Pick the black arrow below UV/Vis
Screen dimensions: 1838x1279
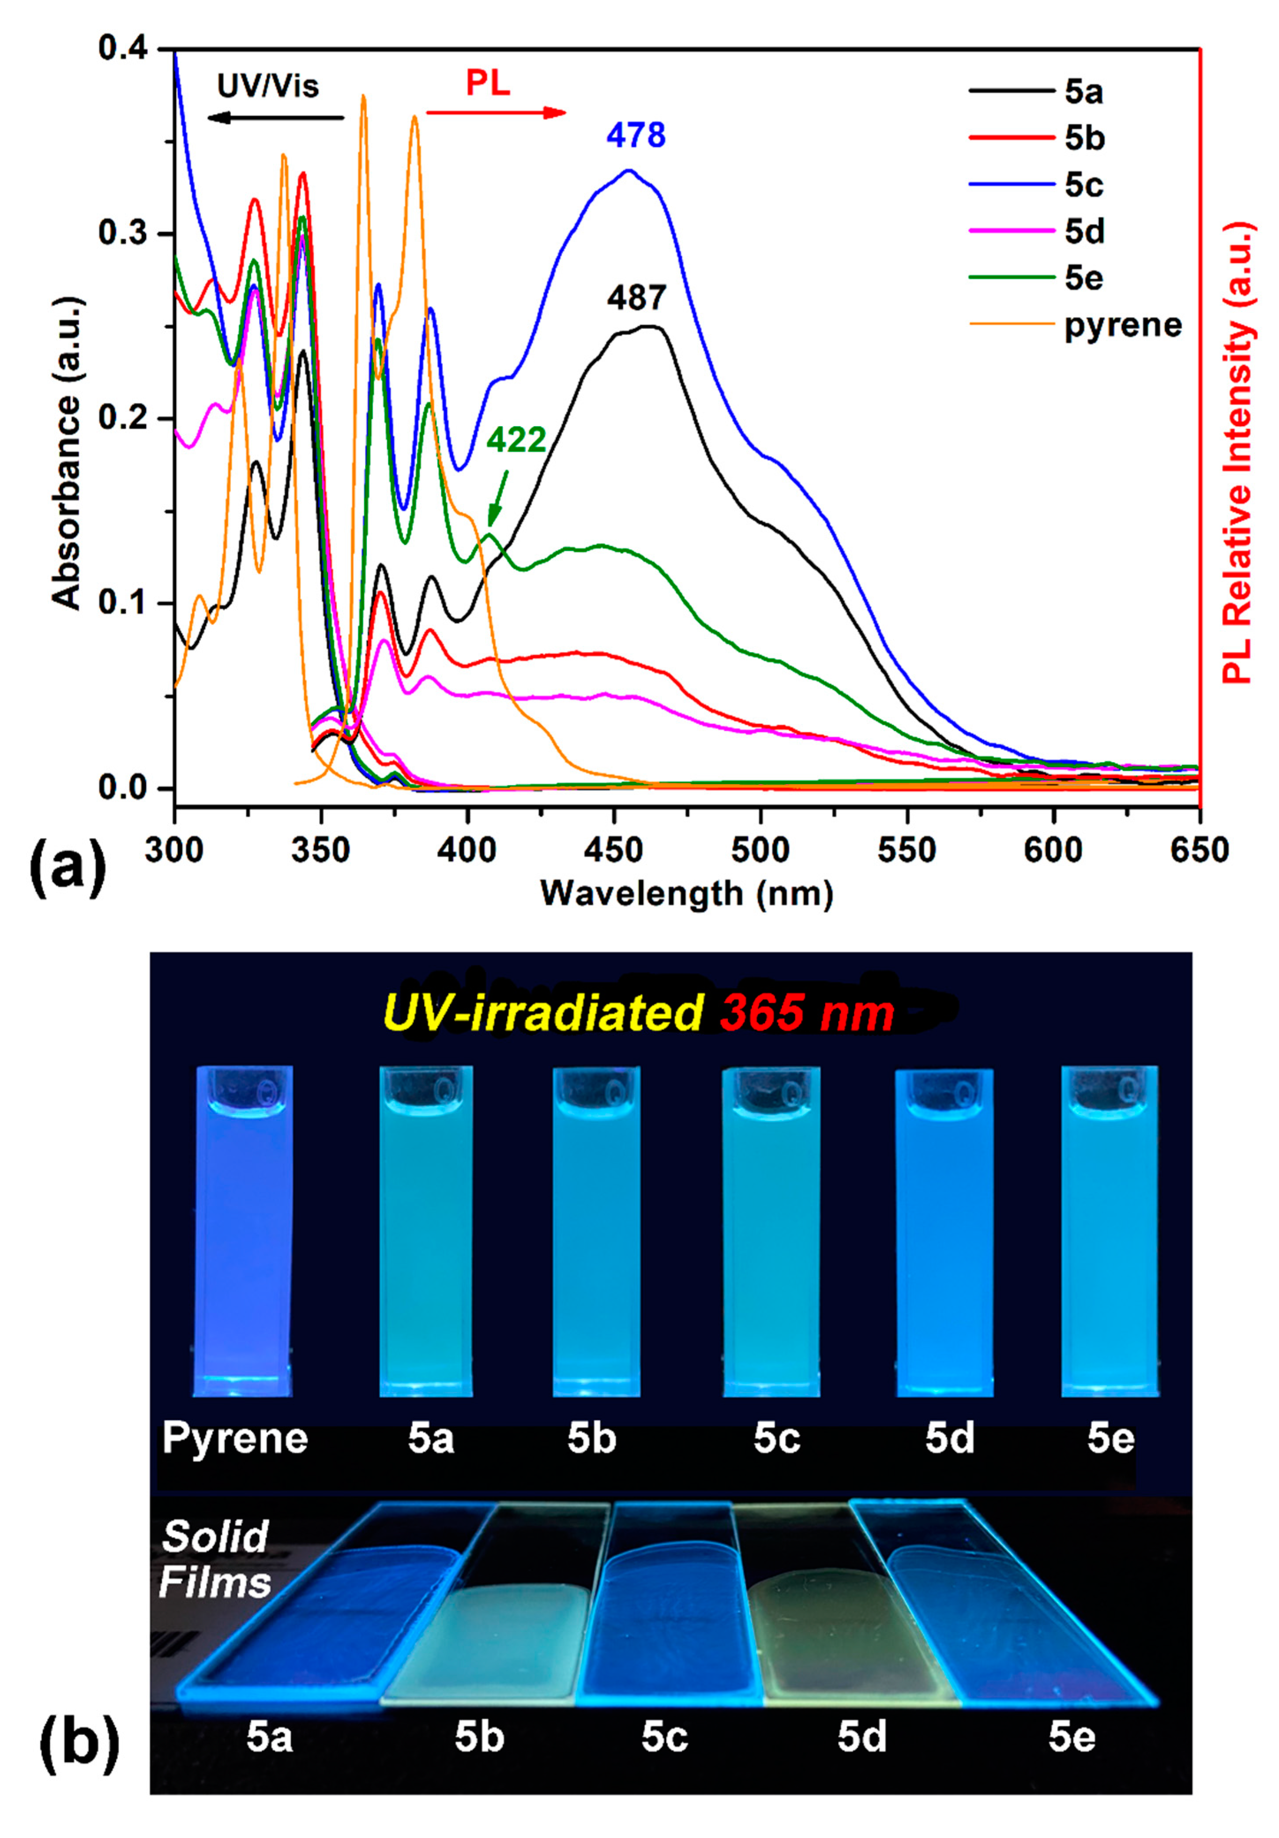[275, 118]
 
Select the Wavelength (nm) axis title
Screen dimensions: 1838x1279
[686, 893]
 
